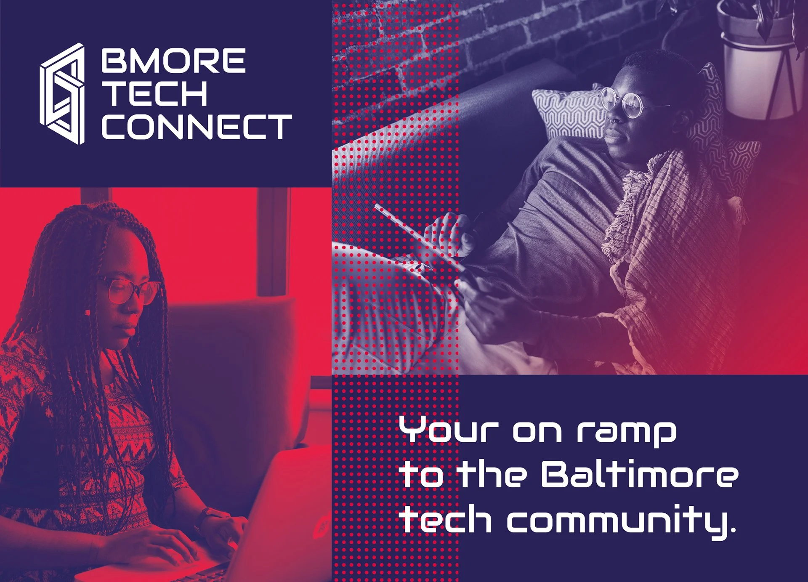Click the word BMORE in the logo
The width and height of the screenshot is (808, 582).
(173, 61)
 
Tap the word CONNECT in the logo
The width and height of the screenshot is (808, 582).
(197, 127)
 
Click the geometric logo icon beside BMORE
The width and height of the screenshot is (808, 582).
(63, 93)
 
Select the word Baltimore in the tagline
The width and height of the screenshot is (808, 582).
(639, 474)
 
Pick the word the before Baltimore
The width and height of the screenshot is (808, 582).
(492, 474)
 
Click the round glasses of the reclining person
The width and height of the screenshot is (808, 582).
(622, 101)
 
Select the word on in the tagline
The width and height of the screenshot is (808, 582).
(537, 432)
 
